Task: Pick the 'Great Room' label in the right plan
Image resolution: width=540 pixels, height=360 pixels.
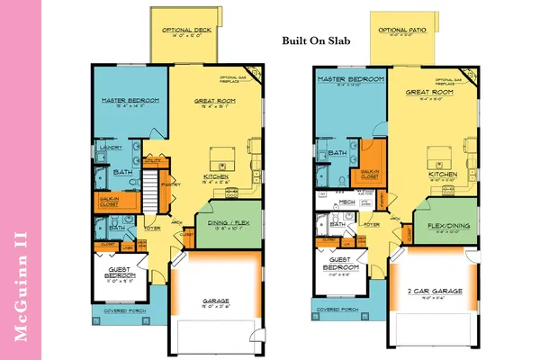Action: pyautogui.click(x=423, y=93)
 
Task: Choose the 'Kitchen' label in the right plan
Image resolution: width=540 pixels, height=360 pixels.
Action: pyautogui.click(x=438, y=174)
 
